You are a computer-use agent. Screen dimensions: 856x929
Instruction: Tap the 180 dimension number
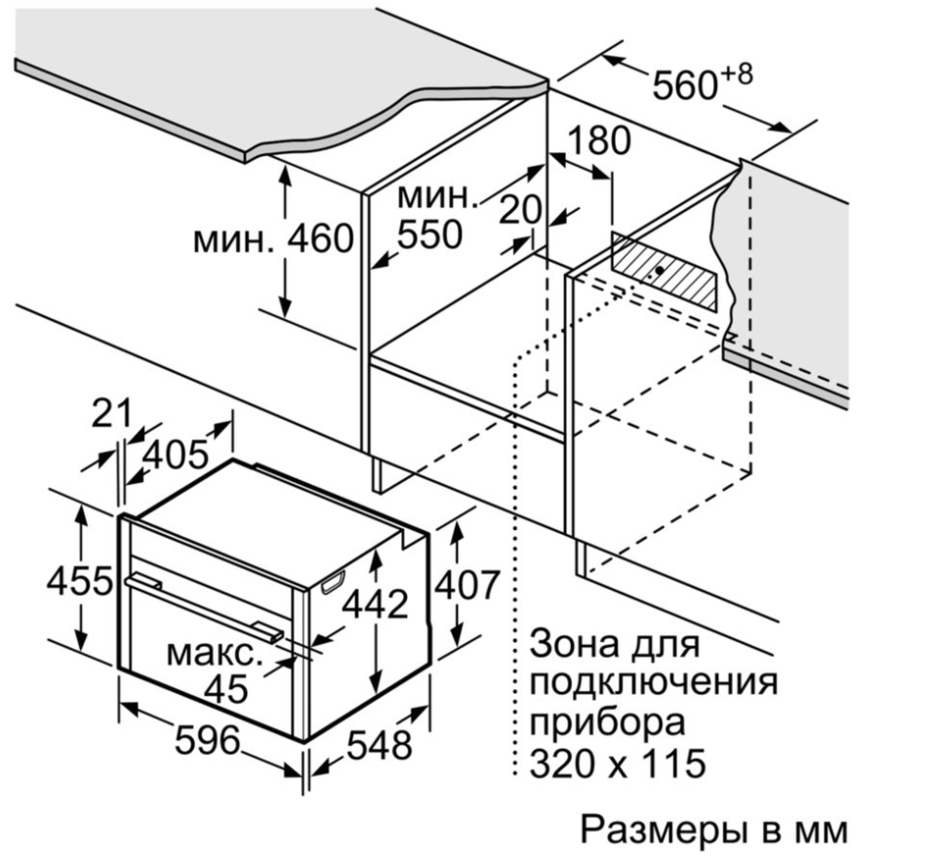pos(589,142)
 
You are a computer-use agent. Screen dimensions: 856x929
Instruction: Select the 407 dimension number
pos(465,586)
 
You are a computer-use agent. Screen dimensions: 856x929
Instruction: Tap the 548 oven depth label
pos(380,747)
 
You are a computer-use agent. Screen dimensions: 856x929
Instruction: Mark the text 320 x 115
pos(617,762)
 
